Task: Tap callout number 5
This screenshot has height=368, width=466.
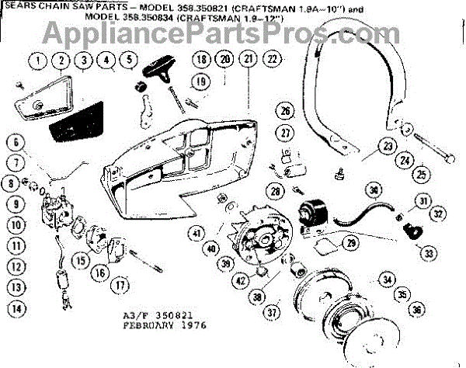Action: [x=128, y=58]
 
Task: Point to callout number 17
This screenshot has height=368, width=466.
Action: [x=120, y=284]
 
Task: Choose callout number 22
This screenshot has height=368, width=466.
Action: [x=271, y=58]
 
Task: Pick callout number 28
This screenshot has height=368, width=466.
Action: [x=274, y=190]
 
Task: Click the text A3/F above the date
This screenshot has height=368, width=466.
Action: [x=137, y=316]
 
